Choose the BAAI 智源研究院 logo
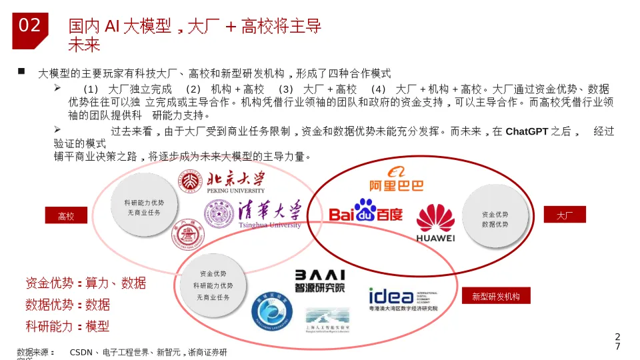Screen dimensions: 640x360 coord(320,281)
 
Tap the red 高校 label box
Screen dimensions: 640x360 coord(66,216)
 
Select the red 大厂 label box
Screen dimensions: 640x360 coord(565,215)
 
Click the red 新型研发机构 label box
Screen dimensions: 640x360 coord(495,296)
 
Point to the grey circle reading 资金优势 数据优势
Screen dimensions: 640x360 coord(495,219)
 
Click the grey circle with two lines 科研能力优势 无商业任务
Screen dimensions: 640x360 coord(143,207)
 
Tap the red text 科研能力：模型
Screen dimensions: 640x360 coord(67,326)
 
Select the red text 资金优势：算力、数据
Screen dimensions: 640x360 coord(85,283)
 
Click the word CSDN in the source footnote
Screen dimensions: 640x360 coord(81,352)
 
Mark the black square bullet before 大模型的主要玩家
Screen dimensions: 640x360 coord(21,71)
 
